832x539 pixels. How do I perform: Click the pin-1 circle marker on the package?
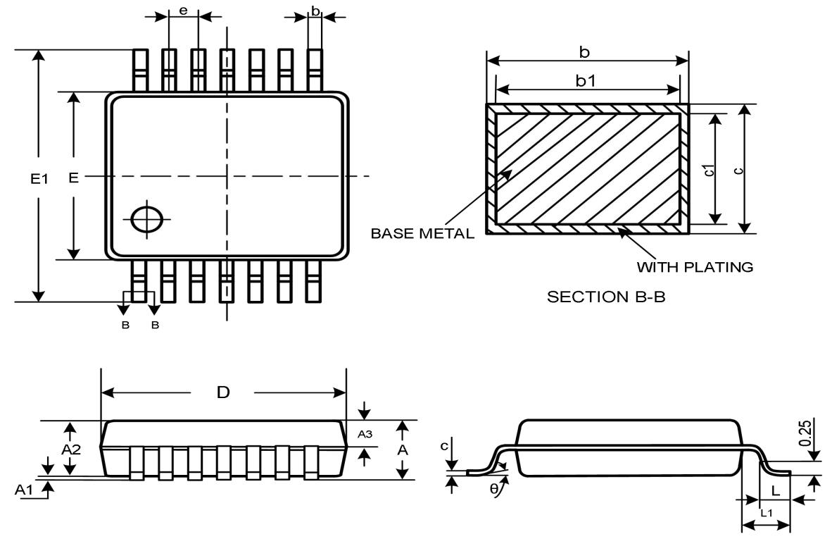(146, 219)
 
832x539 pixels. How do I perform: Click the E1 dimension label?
(39, 179)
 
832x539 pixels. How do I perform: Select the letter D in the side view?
(223, 392)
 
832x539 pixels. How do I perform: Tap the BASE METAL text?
(422, 234)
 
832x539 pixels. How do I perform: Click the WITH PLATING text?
(695, 267)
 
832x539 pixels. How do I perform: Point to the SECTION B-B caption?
(606, 297)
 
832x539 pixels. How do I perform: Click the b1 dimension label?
(586, 80)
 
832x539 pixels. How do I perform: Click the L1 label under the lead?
(766, 513)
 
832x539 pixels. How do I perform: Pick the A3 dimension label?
(365, 435)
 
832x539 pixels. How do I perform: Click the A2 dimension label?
(70, 450)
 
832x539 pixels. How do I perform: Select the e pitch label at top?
(184, 11)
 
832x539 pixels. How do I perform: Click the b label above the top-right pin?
(315, 11)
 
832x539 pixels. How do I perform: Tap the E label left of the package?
(73, 178)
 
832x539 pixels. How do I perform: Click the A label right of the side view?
(402, 450)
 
